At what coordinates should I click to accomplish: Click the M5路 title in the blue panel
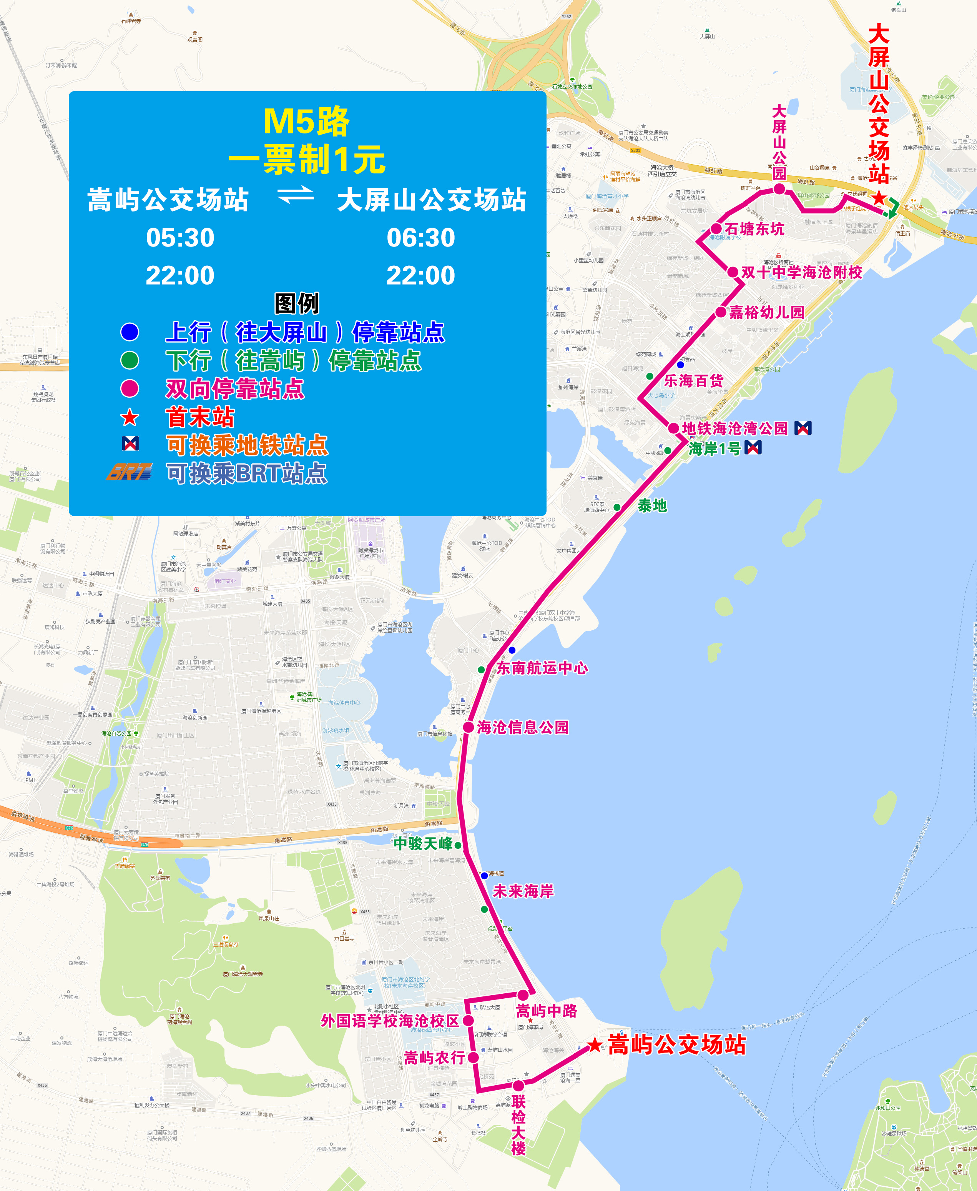click(x=306, y=121)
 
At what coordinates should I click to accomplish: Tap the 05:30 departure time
click(x=180, y=238)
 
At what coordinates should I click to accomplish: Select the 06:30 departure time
click(x=420, y=238)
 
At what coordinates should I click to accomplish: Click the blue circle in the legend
click(x=130, y=331)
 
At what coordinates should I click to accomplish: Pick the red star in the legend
click(x=130, y=417)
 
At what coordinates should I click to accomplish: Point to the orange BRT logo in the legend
click(x=130, y=472)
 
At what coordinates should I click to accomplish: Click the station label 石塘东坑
click(x=754, y=229)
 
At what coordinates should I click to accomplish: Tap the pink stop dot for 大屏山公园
click(x=779, y=189)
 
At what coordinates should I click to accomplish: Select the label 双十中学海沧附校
click(x=801, y=273)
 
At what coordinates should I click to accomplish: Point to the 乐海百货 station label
click(x=693, y=381)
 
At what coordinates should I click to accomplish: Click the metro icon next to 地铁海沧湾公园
click(x=803, y=428)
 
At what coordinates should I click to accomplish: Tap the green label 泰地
click(x=652, y=506)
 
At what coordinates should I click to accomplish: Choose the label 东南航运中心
click(x=542, y=668)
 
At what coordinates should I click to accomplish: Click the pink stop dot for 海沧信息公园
click(x=468, y=727)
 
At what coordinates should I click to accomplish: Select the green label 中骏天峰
click(x=423, y=844)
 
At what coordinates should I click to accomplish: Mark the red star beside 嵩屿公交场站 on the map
click(x=594, y=1045)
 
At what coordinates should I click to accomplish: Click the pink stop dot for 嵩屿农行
click(x=473, y=1058)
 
